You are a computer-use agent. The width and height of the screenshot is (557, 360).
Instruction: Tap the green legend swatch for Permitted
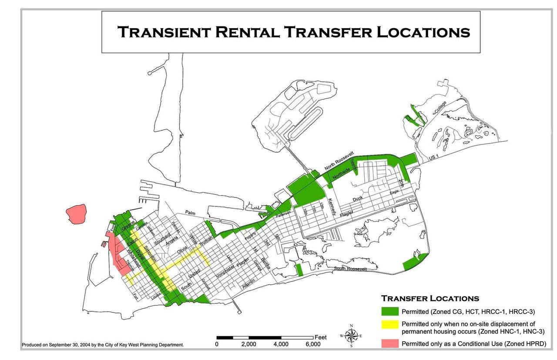pos(390,311)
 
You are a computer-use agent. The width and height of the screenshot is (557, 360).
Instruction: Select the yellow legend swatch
pos(390,327)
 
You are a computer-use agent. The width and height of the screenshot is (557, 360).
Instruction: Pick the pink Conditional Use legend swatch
pos(390,343)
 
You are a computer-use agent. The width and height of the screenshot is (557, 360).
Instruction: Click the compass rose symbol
pos(352,335)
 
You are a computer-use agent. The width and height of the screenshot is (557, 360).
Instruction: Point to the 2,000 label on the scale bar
pos(248,344)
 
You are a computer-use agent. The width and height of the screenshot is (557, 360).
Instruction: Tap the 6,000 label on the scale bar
pos(313,344)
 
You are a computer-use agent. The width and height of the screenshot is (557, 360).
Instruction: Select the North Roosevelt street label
pos(339,162)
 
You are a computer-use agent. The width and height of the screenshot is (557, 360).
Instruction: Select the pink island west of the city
pos(77,214)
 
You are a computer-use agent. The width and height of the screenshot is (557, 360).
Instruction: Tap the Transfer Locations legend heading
pos(430,298)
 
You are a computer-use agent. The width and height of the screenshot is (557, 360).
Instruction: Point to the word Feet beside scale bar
pos(320,337)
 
